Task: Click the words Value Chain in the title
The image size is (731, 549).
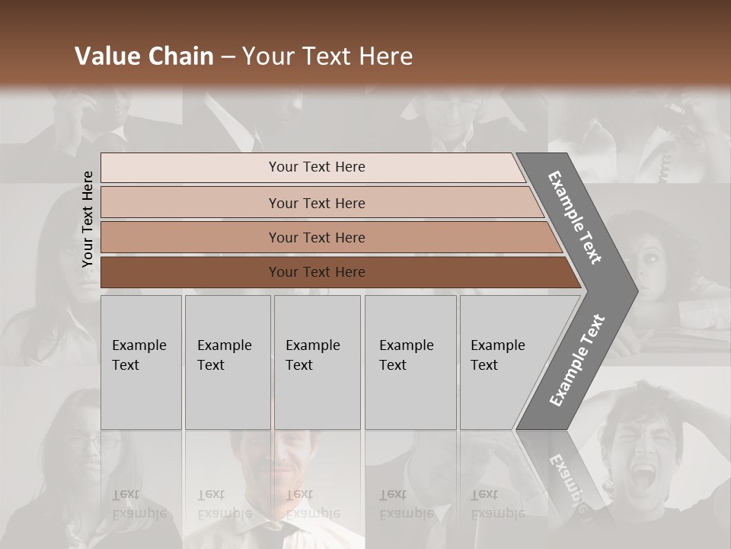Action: click(x=144, y=56)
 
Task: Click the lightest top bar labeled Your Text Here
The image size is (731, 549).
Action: click(x=316, y=167)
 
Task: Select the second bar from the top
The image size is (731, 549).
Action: click(x=316, y=203)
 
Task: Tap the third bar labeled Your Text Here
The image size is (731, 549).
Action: click(x=316, y=237)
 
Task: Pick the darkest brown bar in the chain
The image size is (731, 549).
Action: click(x=316, y=272)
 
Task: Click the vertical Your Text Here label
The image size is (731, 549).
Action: click(x=88, y=219)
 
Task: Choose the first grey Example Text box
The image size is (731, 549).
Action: click(x=140, y=361)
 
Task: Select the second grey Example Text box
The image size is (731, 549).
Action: click(x=227, y=361)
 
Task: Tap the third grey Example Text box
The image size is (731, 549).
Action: click(x=316, y=361)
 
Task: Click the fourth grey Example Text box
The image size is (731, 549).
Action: click(x=410, y=361)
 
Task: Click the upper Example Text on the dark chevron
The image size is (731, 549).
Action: click(x=575, y=217)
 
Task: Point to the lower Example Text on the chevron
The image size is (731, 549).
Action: click(x=577, y=361)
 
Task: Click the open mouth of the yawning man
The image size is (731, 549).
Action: click(x=643, y=477)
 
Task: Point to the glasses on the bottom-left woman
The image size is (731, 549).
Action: click(x=94, y=441)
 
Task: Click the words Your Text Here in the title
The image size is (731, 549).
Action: click(x=327, y=56)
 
